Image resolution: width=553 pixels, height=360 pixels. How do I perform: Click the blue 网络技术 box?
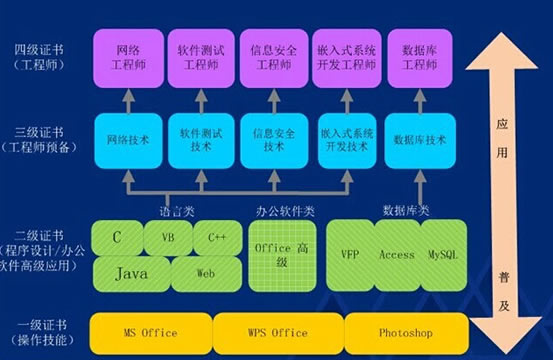(127, 139)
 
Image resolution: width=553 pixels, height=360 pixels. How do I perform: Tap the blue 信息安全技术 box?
(273, 139)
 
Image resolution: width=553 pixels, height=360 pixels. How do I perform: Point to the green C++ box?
(217, 239)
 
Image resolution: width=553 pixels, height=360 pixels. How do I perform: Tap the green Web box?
(205, 273)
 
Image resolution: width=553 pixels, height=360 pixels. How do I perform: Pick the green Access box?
(397, 255)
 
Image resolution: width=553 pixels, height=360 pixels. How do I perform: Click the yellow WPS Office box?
(276, 332)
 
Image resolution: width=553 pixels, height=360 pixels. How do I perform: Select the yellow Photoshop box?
(405, 332)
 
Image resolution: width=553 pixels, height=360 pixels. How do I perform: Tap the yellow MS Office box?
(150, 332)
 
